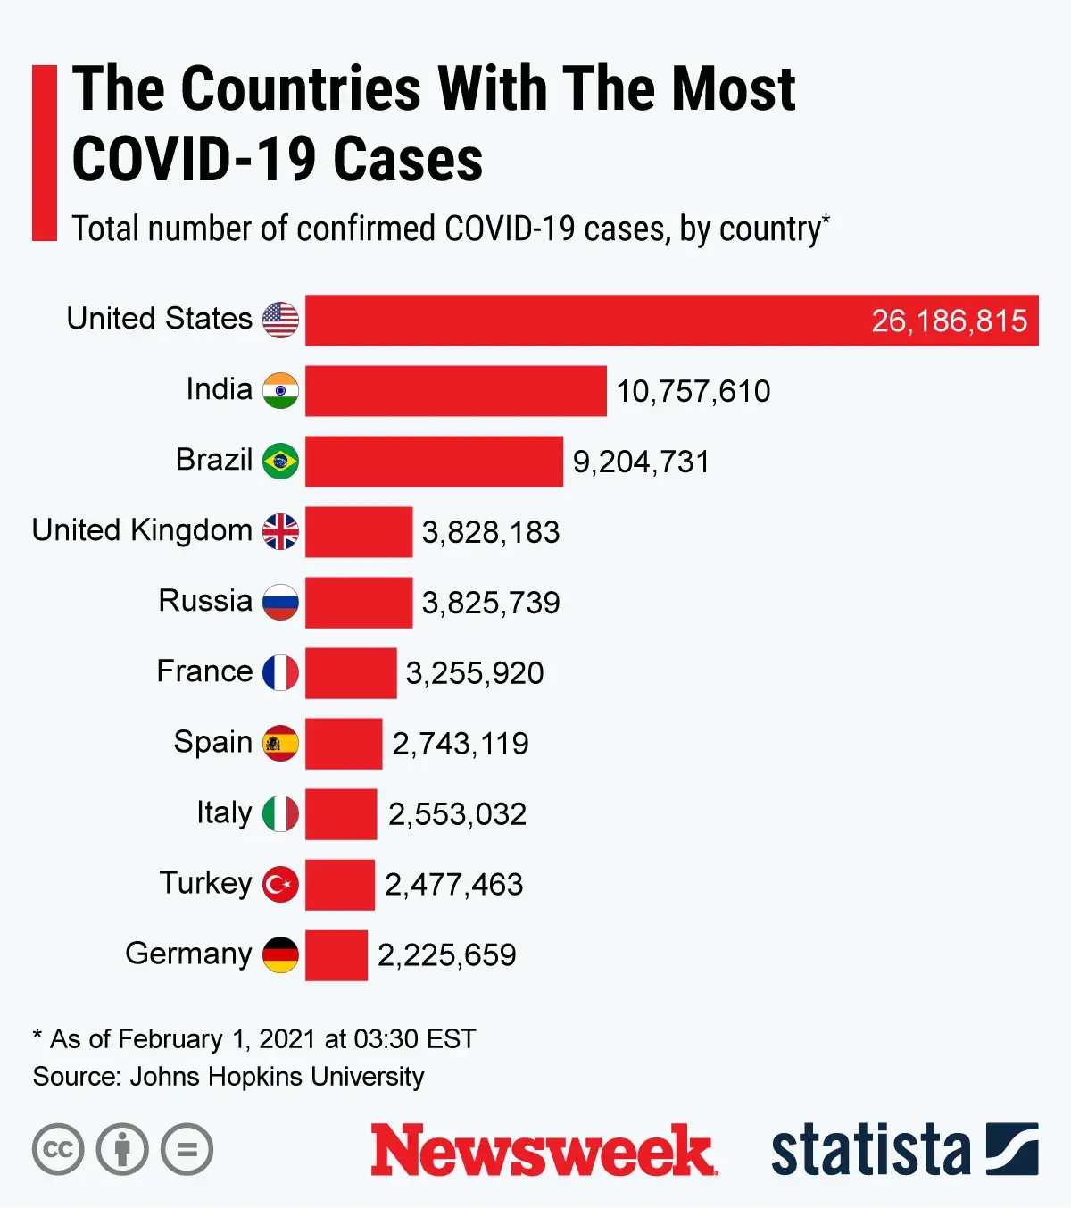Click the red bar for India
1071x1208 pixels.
pyautogui.click(x=455, y=390)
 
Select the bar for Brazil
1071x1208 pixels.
pyautogui.click(x=434, y=461)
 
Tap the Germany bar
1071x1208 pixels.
pyautogui.click(x=336, y=955)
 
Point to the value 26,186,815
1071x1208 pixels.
pyautogui.click(x=949, y=321)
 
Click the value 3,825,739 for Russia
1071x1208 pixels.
pyautogui.click(x=491, y=603)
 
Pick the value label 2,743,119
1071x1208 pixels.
pyautogui.click(x=461, y=744)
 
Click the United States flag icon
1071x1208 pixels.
pyautogui.click(x=280, y=320)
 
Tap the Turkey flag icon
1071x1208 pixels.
pyautogui.click(x=280, y=885)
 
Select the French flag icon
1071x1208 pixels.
pyautogui.click(x=280, y=672)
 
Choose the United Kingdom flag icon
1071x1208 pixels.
pyautogui.click(x=280, y=531)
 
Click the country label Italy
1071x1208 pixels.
pyautogui.click(x=224, y=813)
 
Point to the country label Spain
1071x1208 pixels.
pyautogui.click(x=212, y=742)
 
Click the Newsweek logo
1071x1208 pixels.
pyautogui.click(x=543, y=1150)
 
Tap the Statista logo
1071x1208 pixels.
pyautogui.click(x=903, y=1150)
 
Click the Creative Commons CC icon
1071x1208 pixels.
pyautogui.click(x=58, y=1149)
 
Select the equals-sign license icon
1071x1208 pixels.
pyautogui.click(x=187, y=1149)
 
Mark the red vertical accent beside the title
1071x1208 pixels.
pyautogui.click(x=44, y=152)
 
